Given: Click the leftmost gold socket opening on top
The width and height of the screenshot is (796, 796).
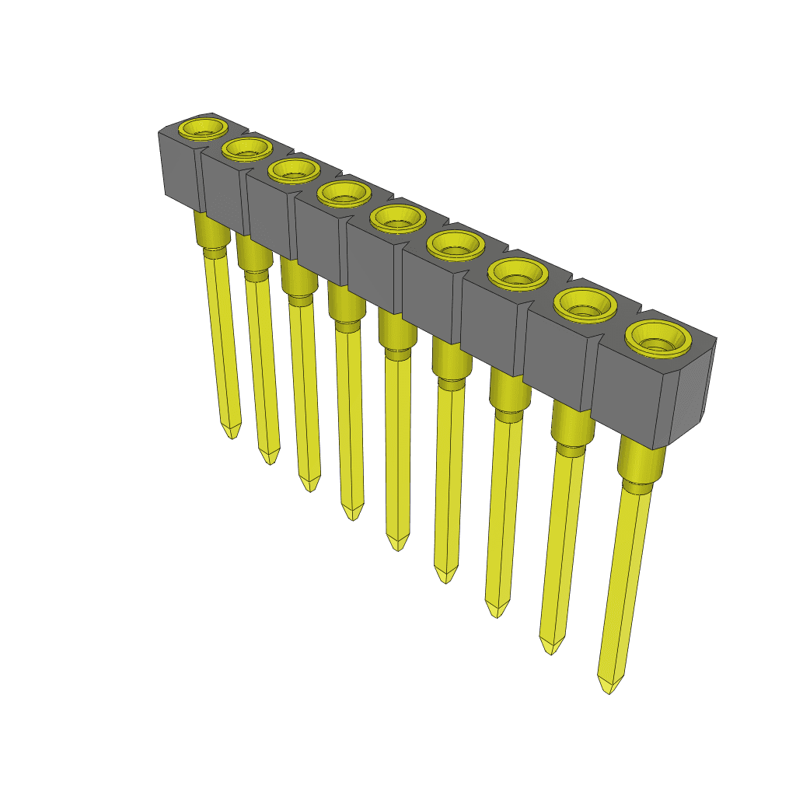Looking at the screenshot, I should [x=202, y=128].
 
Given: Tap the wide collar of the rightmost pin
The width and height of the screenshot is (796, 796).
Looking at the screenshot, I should [x=641, y=463].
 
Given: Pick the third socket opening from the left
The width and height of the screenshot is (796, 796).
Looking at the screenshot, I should [x=295, y=170].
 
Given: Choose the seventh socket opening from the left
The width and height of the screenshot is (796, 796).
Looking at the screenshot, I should [x=515, y=274].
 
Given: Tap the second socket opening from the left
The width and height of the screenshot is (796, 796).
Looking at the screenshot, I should [x=246, y=148].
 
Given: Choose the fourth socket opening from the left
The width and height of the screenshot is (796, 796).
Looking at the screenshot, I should [x=344, y=194].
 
